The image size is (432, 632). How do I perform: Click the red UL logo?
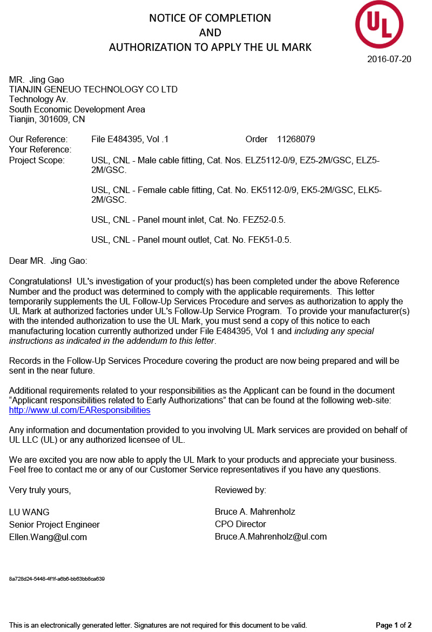pos(379,24)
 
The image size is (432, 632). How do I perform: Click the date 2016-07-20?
pos(389,59)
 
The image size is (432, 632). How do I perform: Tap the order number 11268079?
pos(296,139)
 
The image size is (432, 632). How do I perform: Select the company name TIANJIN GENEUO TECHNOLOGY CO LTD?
pos(93,90)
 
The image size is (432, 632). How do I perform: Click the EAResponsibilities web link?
pos(80,410)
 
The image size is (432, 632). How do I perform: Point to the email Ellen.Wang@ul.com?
pos(48,537)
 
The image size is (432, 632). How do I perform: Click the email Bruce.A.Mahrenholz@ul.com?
pos(271,537)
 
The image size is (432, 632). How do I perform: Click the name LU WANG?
pos(29,512)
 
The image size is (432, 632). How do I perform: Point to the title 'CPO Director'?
pos(240,524)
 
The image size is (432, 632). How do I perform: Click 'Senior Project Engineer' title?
pos(55,525)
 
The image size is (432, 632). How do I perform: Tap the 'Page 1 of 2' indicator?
pos(394,626)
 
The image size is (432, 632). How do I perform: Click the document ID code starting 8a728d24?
pos(57,579)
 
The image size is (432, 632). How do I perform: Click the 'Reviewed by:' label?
pos(240,490)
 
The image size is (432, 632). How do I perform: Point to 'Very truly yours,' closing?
pos(40,490)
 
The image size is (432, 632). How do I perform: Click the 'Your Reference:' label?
pos(40,150)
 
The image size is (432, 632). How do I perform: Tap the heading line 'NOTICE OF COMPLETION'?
pos(210,18)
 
